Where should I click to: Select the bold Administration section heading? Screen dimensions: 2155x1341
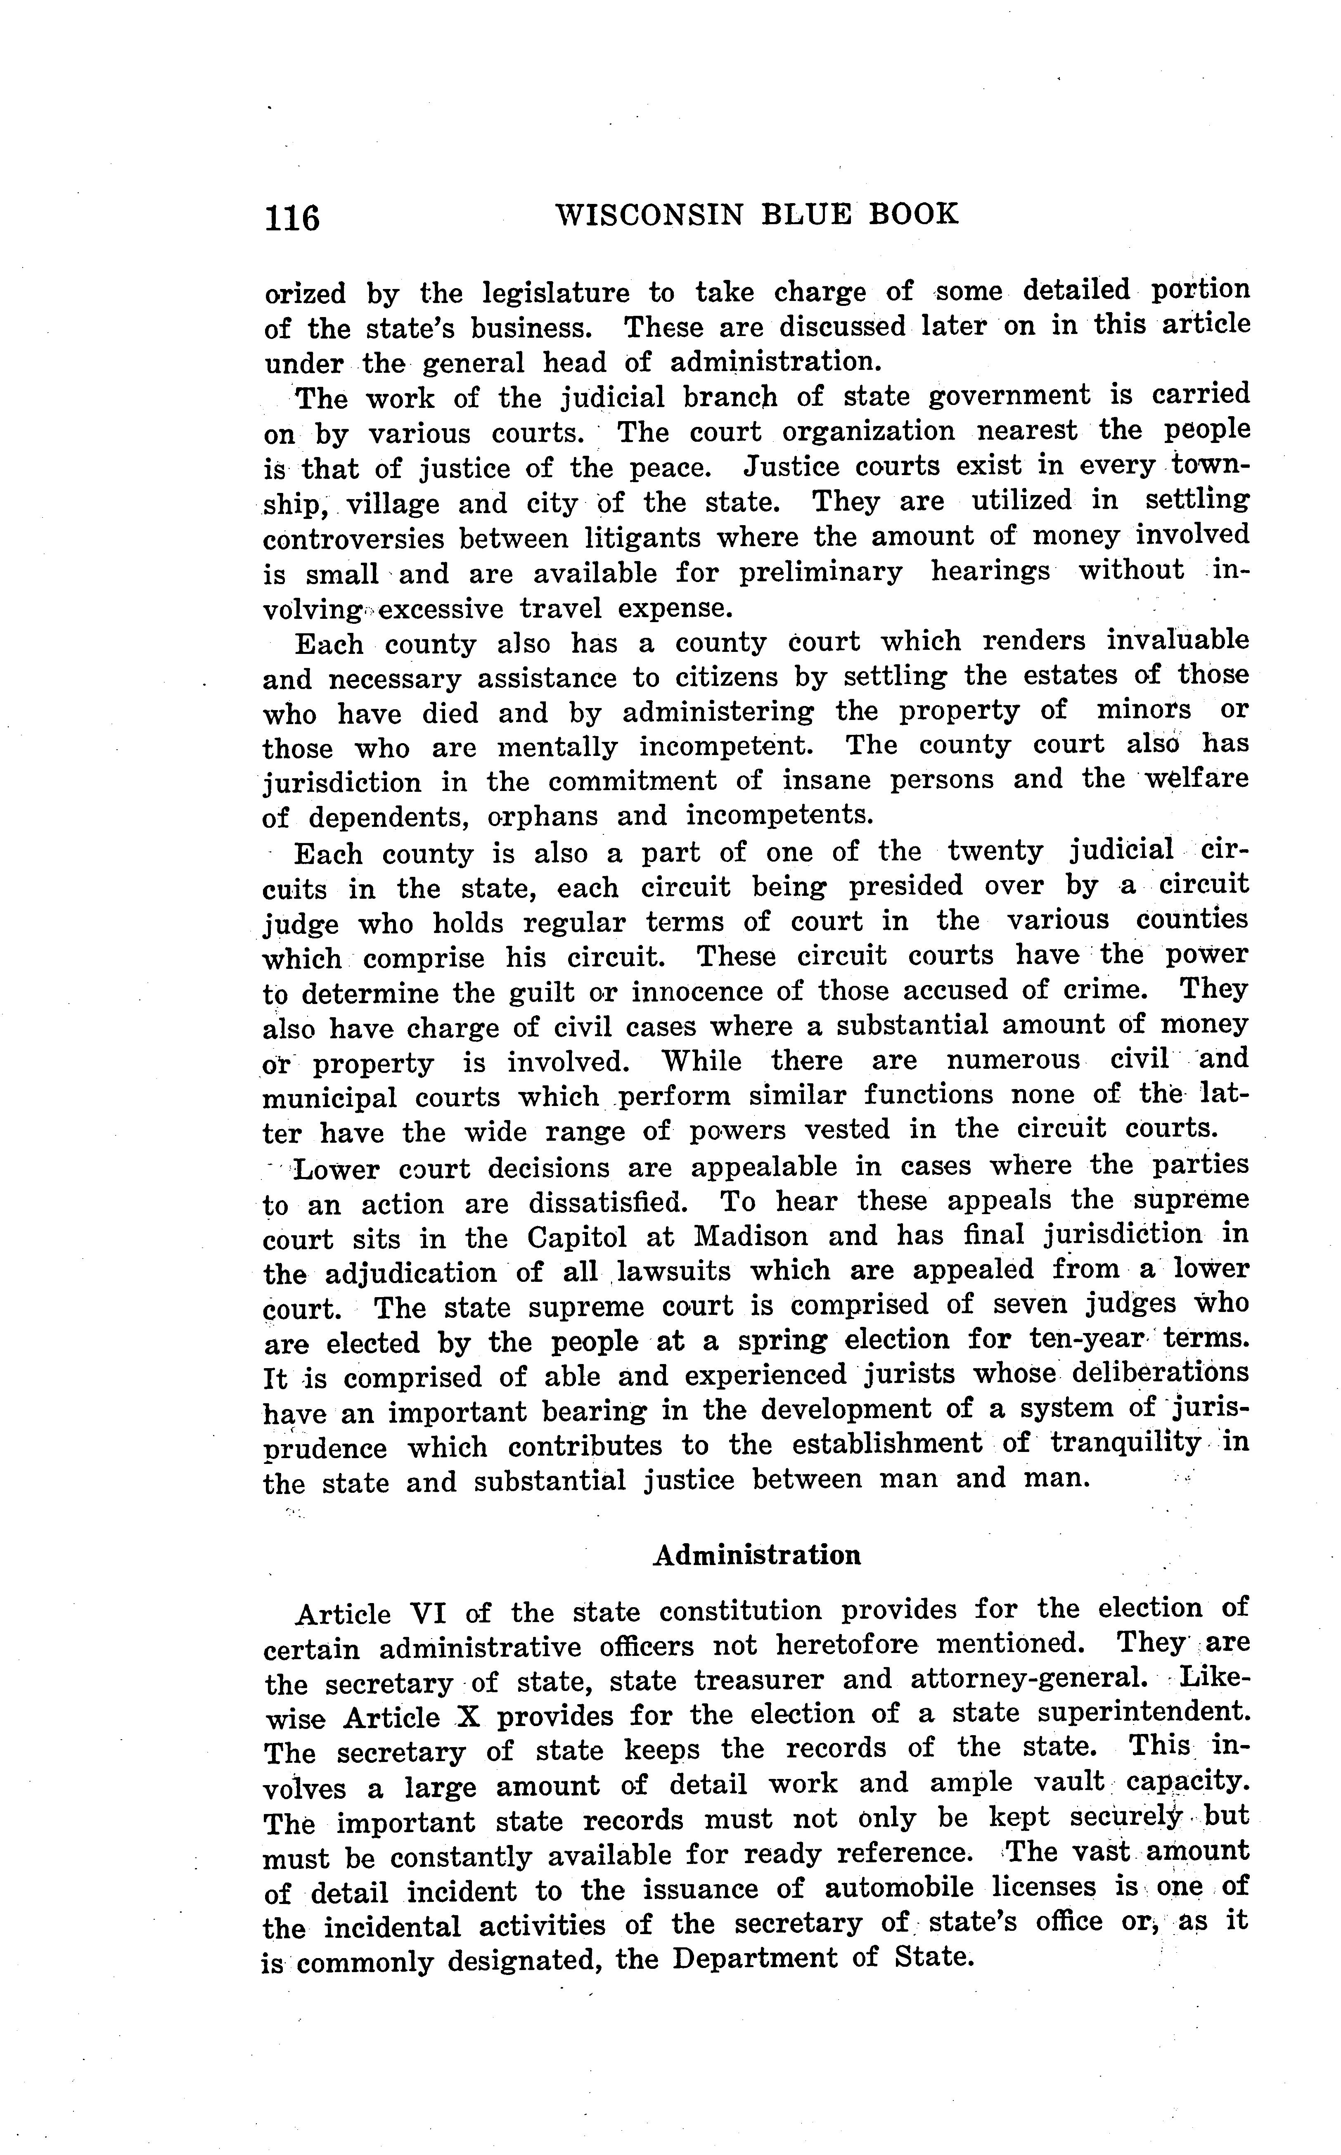[756, 1555]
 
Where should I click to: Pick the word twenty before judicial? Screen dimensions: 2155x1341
[996, 851]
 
